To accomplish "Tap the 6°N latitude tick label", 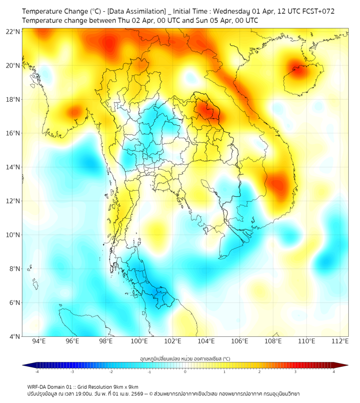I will pos(14,302).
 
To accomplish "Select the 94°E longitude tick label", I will pos(39,341).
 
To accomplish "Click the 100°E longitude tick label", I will pos(140,341).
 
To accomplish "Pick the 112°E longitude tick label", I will pos(340,341).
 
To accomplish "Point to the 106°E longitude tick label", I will pos(240,341).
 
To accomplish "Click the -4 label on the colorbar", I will pos(36,372).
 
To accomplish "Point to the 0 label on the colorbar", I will pos(185,372).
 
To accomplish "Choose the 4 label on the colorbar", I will pos(334,372).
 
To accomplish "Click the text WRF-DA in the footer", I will pos(38,386).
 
